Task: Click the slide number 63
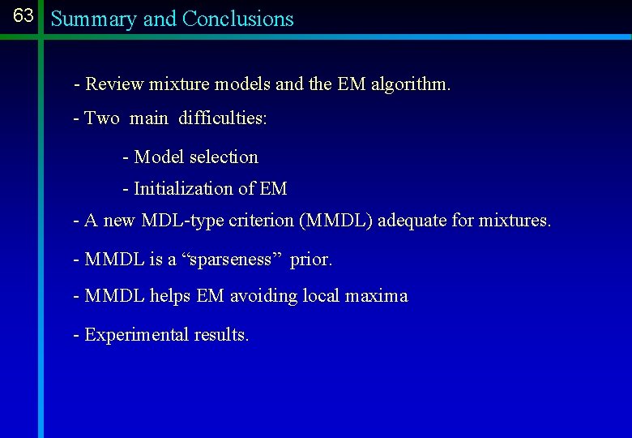pyautogui.click(x=23, y=16)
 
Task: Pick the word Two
pyautogui.click(x=102, y=118)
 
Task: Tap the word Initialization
pyautogui.click(x=183, y=189)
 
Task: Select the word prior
pyautogui.click(x=311, y=260)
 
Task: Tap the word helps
pyautogui.click(x=170, y=296)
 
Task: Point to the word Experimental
pyautogui.click(x=137, y=335)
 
